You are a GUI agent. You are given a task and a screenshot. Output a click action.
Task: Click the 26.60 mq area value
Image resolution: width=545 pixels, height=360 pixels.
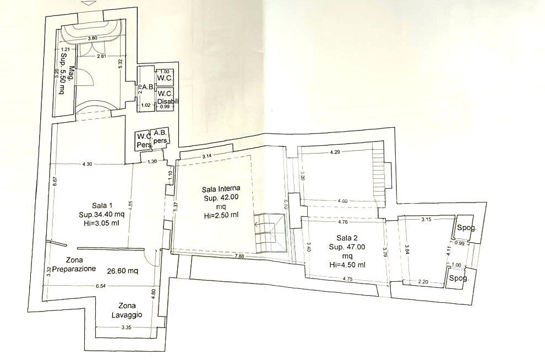click(122, 270)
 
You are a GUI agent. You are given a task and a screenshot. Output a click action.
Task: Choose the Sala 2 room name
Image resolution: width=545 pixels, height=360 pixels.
click(348, 238)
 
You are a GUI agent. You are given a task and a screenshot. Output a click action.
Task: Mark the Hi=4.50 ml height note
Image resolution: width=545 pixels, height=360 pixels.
click(348, 265)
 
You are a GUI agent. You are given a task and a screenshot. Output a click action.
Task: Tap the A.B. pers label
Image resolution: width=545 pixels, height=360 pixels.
click(160, 137)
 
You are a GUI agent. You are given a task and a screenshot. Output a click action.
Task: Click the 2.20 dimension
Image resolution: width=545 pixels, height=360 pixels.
click(423, 281)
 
